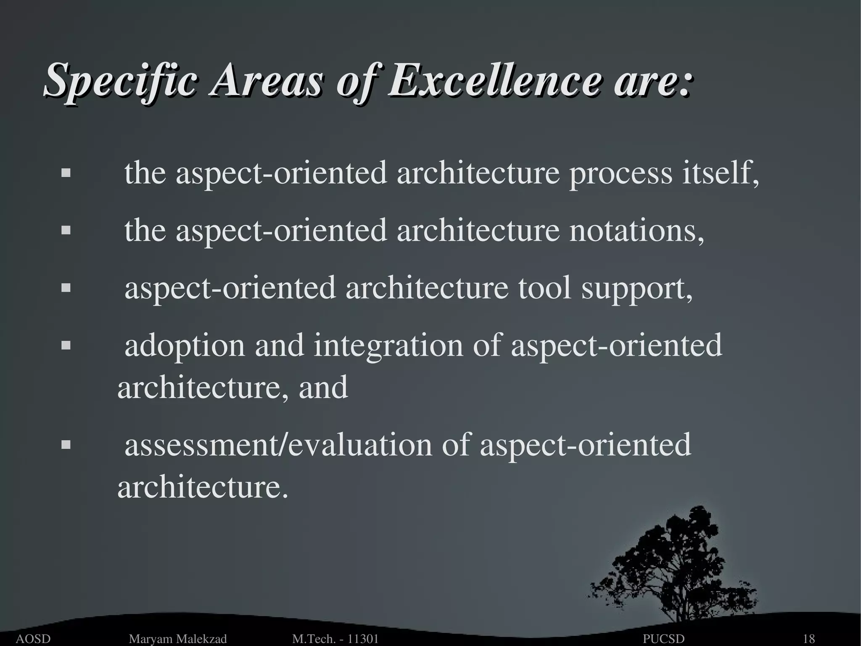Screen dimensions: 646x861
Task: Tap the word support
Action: point(637,290)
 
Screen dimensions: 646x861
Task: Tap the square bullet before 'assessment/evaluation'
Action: point(66,445)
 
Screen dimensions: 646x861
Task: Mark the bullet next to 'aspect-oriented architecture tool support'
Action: point(66,288)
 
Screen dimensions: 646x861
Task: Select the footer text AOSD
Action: point(33,639)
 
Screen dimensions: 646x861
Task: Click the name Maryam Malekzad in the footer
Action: point(178,639)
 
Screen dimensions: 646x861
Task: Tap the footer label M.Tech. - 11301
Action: point(335,639)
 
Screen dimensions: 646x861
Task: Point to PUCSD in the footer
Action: point(664,639)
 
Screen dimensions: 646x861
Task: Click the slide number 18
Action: point(809,639)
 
